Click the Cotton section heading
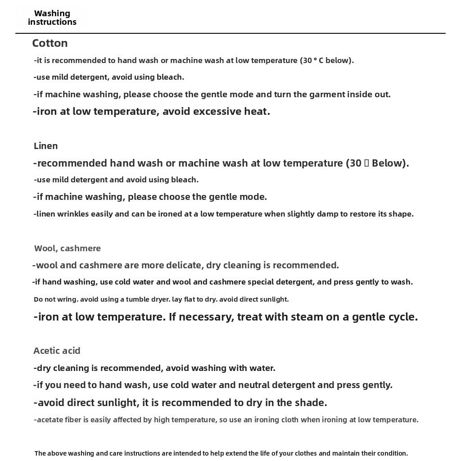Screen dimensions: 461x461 tap(50, 43)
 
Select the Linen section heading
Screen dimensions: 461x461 tap(46, 146)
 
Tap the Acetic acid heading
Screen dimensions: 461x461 tap(57, 351)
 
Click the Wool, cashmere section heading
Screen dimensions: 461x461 tap(68, 248)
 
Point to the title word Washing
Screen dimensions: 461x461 tap(52, 14)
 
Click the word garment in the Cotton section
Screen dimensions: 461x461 tap(329, 95)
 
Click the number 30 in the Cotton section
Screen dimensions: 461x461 tap(307, 60)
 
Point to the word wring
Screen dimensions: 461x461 tap(66, 299)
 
